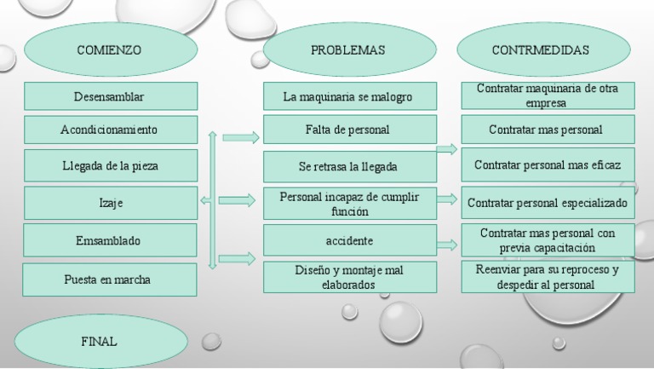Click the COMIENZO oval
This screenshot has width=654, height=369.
109,50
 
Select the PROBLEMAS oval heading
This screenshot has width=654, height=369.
347,50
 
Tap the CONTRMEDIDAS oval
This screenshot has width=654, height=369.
540,50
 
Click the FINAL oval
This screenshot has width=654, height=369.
100,342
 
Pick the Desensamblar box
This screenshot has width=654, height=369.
111,96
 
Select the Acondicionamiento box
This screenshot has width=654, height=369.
111,130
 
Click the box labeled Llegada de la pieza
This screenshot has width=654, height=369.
111,164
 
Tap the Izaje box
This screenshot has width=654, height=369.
111,203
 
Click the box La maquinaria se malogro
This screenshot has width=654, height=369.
348,96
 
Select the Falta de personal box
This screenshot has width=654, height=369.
348,130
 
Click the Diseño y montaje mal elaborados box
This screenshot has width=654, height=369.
349,277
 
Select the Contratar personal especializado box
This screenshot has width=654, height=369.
548,203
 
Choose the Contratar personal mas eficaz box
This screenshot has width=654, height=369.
548,164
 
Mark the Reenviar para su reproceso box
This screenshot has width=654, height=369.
548,277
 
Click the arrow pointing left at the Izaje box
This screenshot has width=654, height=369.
204,200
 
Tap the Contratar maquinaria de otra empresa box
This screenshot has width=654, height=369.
548,95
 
